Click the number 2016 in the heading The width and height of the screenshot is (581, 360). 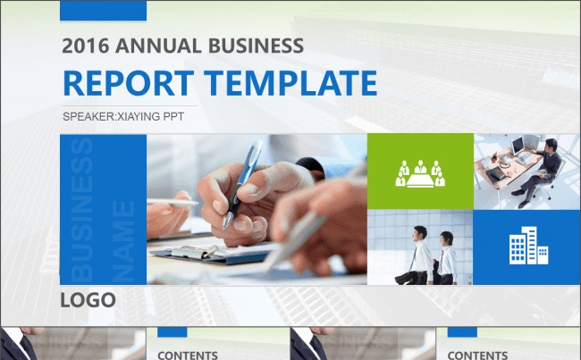click(x=86, y=46)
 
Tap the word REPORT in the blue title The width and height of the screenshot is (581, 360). click(x=129, y=83)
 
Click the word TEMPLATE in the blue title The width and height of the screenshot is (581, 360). click(x=290, y=83)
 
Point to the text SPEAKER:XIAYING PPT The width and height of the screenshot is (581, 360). click(x=123, y=117)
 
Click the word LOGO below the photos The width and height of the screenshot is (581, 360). click(x=88, y=300)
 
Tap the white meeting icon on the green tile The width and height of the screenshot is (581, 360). click(x=420, y=173)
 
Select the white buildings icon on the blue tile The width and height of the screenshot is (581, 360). click(x=528, y=245)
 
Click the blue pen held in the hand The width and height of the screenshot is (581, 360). click(x=243, y=183)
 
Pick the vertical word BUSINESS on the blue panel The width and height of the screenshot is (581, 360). click(x=81, y=209)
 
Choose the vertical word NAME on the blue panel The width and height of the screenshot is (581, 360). click(x=123, y=240)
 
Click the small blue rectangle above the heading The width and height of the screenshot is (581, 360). click(x=103, y=11)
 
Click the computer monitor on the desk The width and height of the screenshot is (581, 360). click(x=518, y=146)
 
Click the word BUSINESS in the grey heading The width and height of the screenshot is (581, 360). click(x=256, y=46)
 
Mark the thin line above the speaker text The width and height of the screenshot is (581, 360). click(x=129, y=106)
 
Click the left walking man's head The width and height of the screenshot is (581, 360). click(x=421, y=232)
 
